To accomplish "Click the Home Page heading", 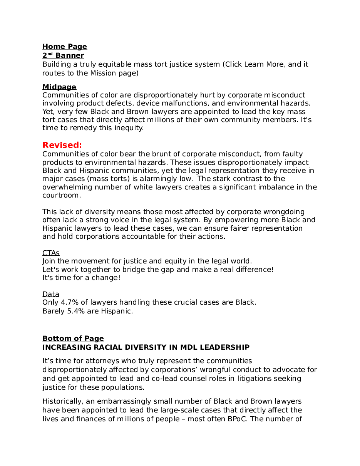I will tap(65, 47).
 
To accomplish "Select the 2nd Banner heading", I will tap(63, 55).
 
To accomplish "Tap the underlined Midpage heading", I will tap(59, 87).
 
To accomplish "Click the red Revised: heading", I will tap(62, 145).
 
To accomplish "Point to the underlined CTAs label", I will tap(51, 253).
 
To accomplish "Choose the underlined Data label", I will tap(51, 295).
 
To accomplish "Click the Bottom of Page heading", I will tap(73, 339).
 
